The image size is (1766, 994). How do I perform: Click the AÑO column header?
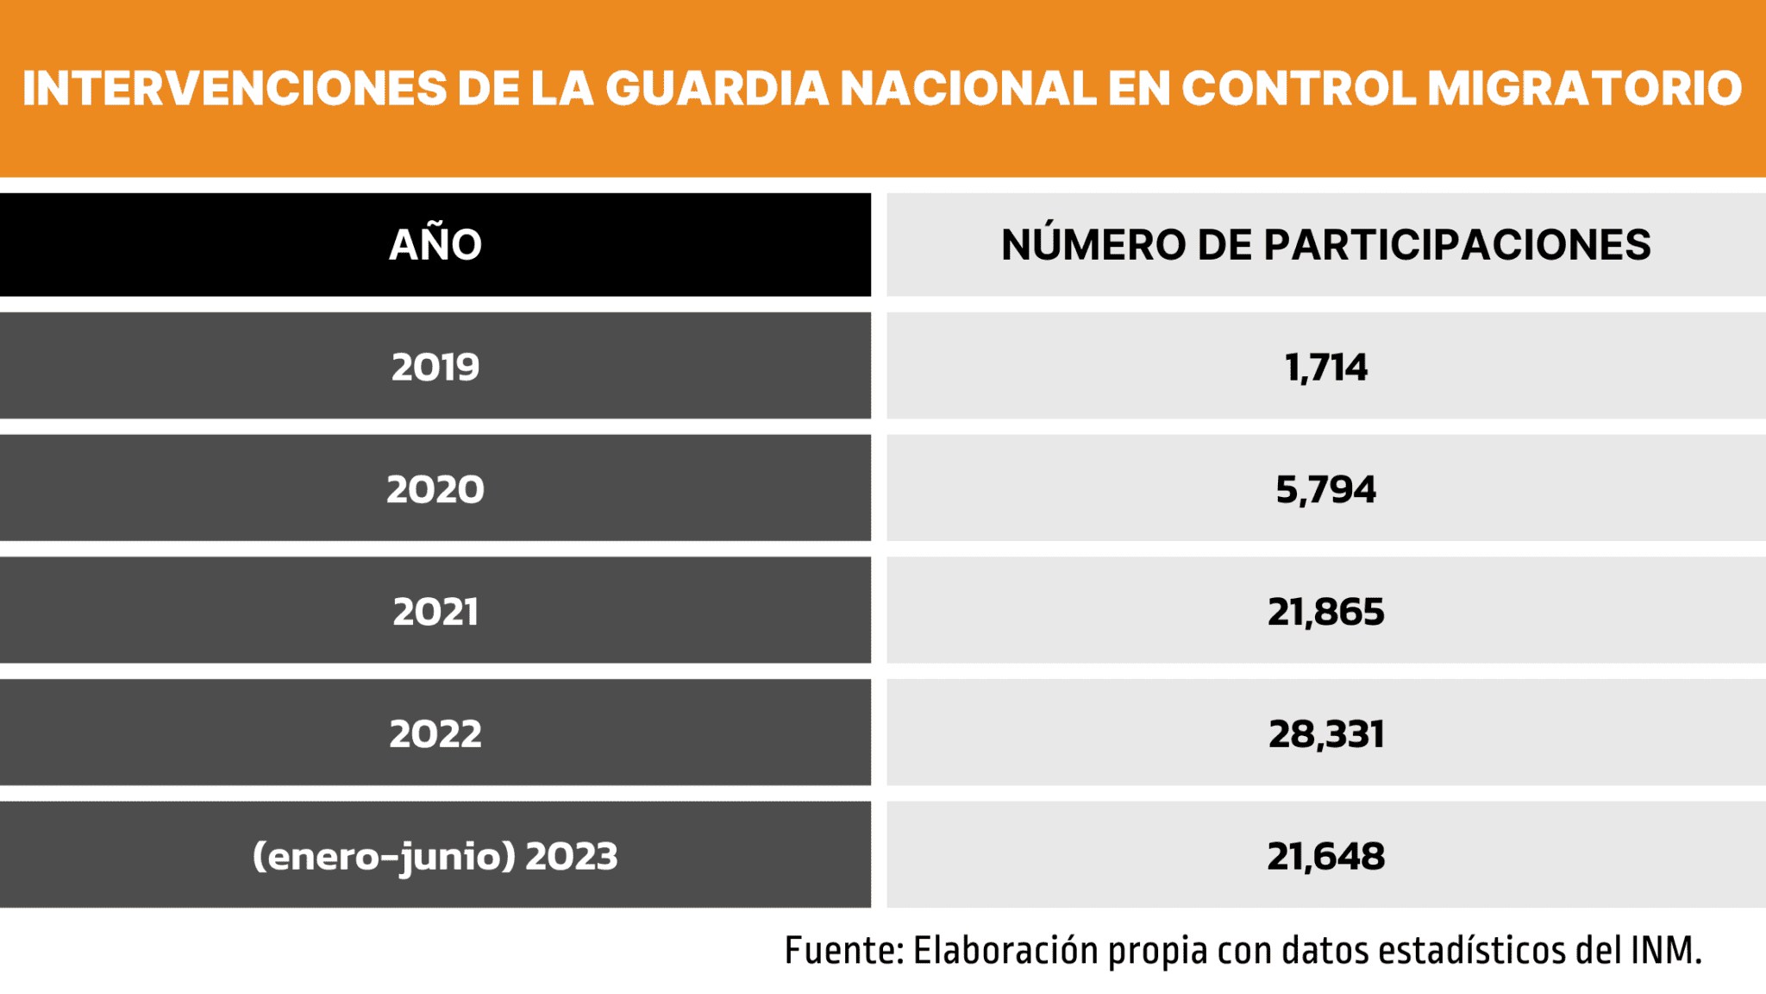(435, 245)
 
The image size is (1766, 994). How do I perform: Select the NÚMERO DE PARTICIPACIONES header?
(1325, 245)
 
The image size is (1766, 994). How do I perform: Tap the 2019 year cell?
(435, 367)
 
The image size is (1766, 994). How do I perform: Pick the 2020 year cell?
(435, 489)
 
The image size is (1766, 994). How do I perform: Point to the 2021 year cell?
(435, 612)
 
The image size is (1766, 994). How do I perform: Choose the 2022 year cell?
(435, 734)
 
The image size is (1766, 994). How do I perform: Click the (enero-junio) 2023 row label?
(435, 856)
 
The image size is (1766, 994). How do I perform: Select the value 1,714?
(1325, 367)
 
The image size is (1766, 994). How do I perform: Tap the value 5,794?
(1325, 489)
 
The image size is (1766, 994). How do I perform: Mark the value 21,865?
(1325, 612)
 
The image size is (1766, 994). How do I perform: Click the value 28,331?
(1325, 734)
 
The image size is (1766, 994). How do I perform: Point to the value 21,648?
(1325, 856)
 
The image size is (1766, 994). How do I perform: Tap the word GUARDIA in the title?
(717, 88)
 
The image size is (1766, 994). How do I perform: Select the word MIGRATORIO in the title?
(1584, 88)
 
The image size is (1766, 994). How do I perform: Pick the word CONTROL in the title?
(1299, 88)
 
